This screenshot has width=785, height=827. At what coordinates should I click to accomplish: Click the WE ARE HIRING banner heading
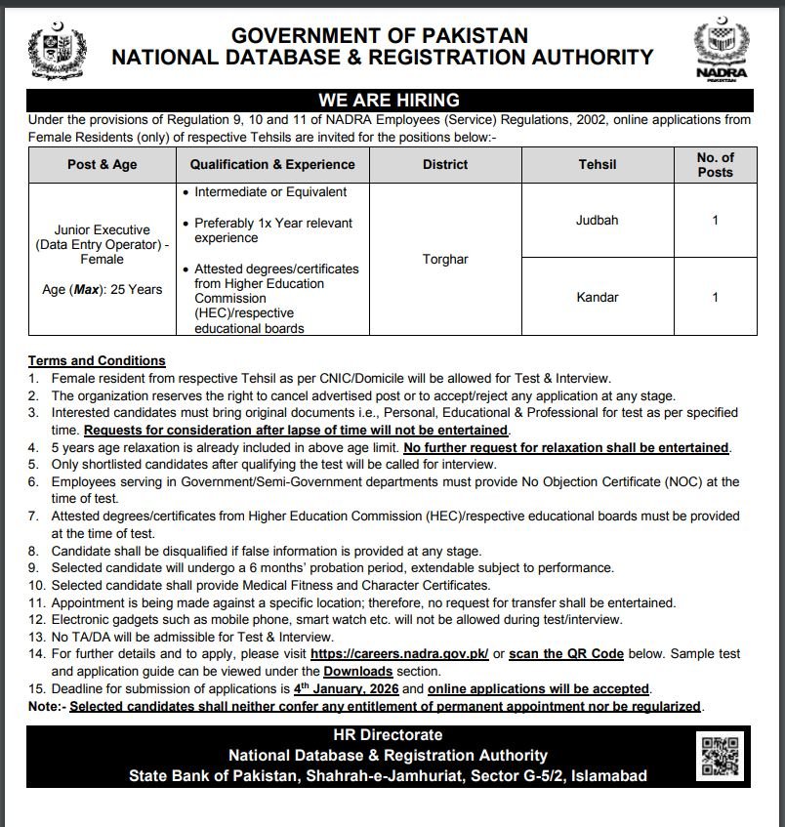(390, 101)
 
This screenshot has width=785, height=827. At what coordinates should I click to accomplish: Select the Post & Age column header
(102, 165)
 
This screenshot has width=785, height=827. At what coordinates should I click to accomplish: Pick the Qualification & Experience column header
(272, 165)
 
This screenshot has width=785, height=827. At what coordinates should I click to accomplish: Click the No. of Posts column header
(715, 165)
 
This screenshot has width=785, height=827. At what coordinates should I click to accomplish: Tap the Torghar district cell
(445, 260)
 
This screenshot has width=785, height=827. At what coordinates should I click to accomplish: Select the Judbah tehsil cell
(597, 221)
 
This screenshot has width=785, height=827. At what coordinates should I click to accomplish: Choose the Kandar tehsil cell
(597, 297)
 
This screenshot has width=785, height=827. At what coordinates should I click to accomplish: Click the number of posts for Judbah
(715, 221)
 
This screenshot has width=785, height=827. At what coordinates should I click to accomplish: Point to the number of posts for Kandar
(715, 297)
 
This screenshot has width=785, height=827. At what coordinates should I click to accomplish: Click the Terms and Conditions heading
(97, 360)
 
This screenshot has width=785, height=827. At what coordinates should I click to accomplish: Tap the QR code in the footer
(723, 754)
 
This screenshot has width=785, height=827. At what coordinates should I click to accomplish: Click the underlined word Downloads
(357, 671)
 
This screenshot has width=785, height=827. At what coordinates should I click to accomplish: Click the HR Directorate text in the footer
(388, 734)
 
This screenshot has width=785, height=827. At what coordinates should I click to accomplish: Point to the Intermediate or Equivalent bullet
(269, 192)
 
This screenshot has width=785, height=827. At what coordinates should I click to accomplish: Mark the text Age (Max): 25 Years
(102, 289)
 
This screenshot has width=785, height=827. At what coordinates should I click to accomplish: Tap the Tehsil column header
(597, 165)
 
